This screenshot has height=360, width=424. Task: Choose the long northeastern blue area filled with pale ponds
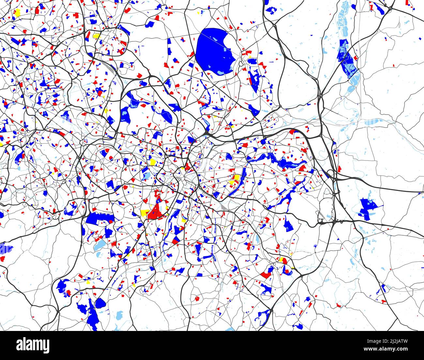346,59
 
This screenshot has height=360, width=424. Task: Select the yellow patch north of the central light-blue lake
152,162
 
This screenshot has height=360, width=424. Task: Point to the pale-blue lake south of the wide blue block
100,245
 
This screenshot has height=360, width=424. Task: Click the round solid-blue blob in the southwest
100,304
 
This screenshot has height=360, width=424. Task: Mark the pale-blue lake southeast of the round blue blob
119,315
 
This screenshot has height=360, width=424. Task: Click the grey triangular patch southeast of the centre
223,206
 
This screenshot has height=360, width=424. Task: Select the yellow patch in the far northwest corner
17,12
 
